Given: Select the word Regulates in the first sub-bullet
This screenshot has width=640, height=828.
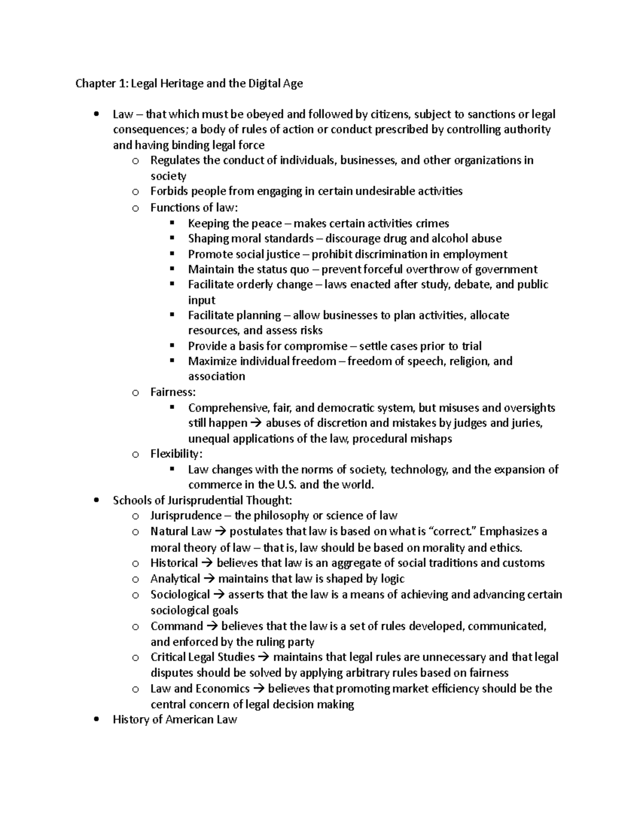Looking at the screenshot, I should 175,160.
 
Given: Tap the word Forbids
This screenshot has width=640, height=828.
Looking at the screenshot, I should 169,191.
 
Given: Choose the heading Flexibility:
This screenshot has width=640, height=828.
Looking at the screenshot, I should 177,454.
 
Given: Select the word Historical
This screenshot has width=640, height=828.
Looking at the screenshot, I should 174,563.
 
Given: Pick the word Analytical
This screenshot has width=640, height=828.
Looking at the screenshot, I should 175,579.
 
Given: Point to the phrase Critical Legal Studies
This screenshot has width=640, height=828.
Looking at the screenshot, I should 202,657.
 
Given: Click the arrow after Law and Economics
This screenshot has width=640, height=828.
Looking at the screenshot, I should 259,689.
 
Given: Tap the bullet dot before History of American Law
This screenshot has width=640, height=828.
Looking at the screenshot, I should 96,720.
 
